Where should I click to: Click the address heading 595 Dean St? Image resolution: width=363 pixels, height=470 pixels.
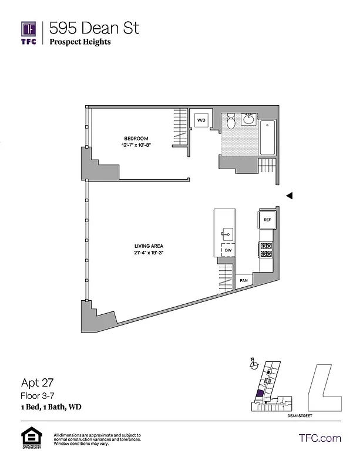point(95,28)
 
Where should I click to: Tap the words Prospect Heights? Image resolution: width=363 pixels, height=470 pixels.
point(80,42)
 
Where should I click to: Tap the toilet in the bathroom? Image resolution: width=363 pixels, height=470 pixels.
point(231,122)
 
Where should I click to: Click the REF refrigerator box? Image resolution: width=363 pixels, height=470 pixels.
point(267,220)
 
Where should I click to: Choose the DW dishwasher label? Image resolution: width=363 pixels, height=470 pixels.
point(228,250)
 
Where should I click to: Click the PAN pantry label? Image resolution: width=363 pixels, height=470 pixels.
point(244,281)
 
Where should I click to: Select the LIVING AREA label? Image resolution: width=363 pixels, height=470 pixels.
point(149,246)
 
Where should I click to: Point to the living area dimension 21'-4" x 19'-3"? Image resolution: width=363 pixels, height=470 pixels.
point(149,253)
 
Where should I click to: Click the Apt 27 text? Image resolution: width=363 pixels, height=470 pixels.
point(37,382)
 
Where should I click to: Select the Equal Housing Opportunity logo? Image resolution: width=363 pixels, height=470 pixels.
point(29,438)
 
